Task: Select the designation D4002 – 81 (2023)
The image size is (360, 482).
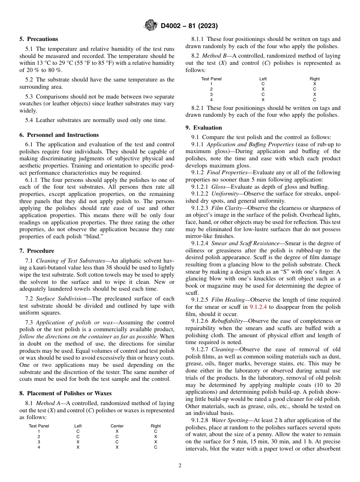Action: click(188, 26)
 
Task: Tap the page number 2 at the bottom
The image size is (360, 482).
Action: click(180, 466)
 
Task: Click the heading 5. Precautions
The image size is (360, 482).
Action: click(39, 39)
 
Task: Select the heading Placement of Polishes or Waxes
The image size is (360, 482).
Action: click(69, 393)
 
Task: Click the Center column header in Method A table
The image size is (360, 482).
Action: click(117, 426)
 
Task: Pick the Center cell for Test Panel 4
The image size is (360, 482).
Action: click(117, 447)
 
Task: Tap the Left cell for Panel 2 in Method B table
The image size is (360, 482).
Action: click(263, 89)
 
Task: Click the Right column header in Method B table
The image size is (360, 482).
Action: click(314, 79)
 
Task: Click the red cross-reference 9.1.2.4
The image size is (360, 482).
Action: click(259, 307)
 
